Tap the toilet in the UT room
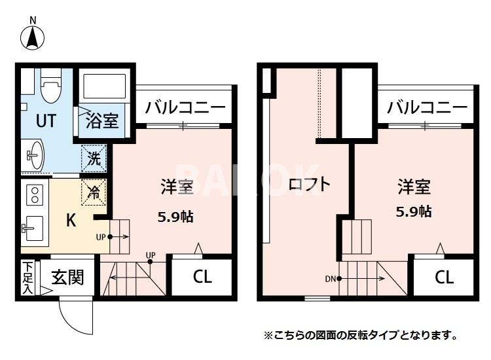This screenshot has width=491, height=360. tap(50, 86)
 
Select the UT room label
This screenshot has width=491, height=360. tap(46, 121)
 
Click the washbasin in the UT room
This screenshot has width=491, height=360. tap(34, 154)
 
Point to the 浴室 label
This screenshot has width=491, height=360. tap(103, 121)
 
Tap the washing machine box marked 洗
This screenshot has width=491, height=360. tap(94, 158)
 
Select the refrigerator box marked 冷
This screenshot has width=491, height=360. tap(94, 192)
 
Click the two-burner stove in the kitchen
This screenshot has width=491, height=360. tap(33, 194)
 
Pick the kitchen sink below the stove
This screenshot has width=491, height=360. tap(32, 228)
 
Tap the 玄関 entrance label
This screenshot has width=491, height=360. tap(67, 278)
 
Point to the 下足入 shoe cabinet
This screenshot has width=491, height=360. tap(27, 278)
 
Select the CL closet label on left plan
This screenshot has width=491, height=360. tap(202, 277)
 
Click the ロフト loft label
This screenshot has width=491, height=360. tap(310, 185)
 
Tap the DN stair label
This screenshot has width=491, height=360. tap(330, 279)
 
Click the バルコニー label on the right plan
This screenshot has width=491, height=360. tap(427, 107)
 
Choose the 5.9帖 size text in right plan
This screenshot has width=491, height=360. tap(414, 211)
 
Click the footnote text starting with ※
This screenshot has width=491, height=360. tap(360, 336)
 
